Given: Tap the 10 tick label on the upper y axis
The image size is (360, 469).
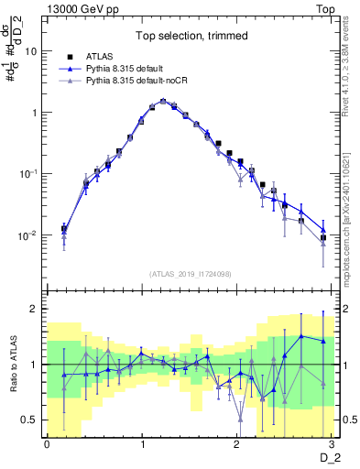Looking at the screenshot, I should click(x=30, y=51).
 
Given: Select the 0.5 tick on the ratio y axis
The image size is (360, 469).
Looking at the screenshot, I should click(x=31, y=420).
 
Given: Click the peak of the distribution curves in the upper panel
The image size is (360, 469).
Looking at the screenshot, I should click(x=163, y=101).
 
